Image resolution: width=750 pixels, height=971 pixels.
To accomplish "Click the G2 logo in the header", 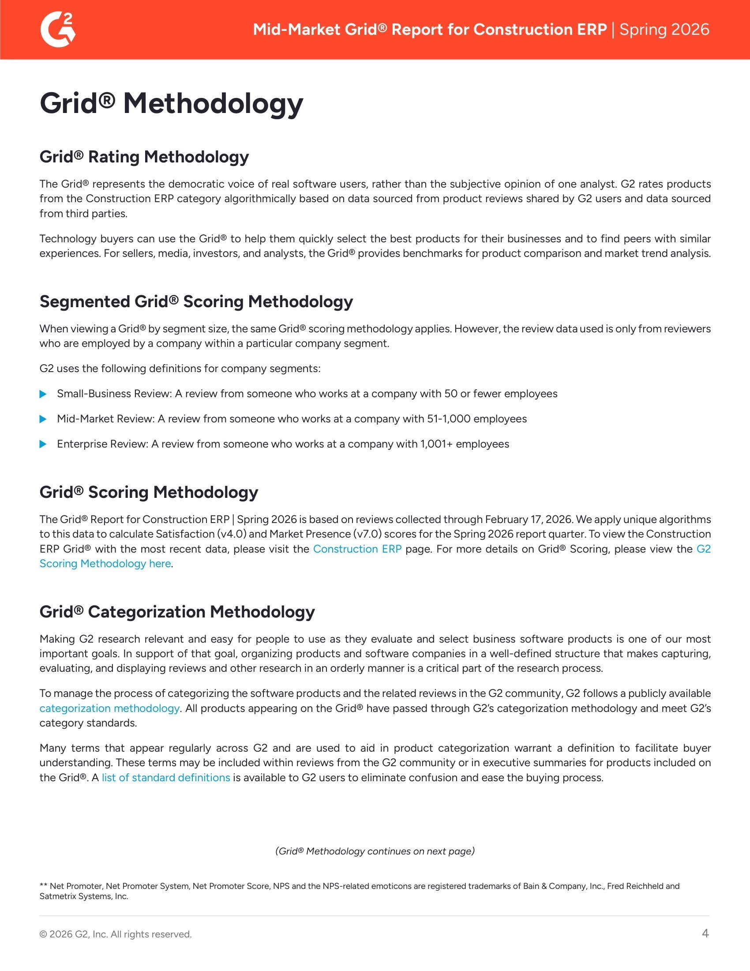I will (x=58, y=29).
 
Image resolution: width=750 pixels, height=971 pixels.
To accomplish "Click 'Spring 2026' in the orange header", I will (x=664, y=29).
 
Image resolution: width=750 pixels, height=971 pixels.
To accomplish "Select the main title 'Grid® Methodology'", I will (x=172, y=103).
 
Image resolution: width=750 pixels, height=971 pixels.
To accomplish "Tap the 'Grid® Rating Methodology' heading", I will (x=144, y=157).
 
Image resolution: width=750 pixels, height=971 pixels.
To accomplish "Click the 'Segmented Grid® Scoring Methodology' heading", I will (x=196, y=301).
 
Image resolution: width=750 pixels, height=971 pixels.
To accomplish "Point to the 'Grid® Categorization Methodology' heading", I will (x=177, y=612).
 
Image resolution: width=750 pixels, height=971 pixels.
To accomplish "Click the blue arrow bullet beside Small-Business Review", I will (x=43, y=394).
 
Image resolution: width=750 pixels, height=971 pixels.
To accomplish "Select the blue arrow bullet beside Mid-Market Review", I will (x=43, y=419).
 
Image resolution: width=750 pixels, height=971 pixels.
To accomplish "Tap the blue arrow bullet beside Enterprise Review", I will (x=43, y=444).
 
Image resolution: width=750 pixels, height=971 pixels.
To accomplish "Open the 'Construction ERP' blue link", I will (x=357, y=549).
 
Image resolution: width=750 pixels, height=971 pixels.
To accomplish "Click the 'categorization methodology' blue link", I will (x=109, y=708).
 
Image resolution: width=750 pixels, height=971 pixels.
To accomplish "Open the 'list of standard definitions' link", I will (x=166, y=778).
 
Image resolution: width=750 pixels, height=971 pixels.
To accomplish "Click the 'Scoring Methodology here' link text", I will (x=105, y=564).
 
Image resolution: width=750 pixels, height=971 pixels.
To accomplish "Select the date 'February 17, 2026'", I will (x=527, y=520).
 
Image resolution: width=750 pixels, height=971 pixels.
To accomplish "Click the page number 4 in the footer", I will (x=705, y=933).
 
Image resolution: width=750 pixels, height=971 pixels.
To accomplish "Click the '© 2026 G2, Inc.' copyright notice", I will (x=116, y=934).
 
